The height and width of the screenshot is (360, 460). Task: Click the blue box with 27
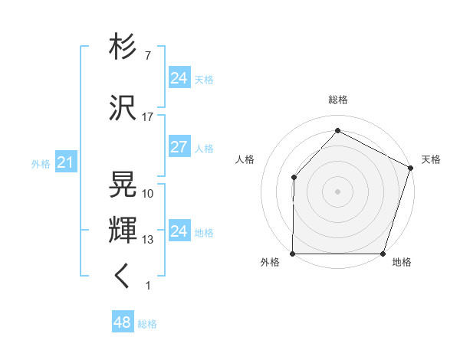179,147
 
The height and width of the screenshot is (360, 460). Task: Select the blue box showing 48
123,322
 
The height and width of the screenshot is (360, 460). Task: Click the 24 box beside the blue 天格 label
179,78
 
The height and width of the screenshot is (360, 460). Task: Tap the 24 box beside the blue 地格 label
179,231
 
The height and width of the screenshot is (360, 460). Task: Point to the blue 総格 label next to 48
147,324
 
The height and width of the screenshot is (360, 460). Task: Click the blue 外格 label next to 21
41,163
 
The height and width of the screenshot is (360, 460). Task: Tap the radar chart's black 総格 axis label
337,100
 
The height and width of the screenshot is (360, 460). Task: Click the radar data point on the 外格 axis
293,254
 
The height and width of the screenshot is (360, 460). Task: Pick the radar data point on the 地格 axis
383,254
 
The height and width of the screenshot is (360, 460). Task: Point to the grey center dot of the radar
337,191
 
